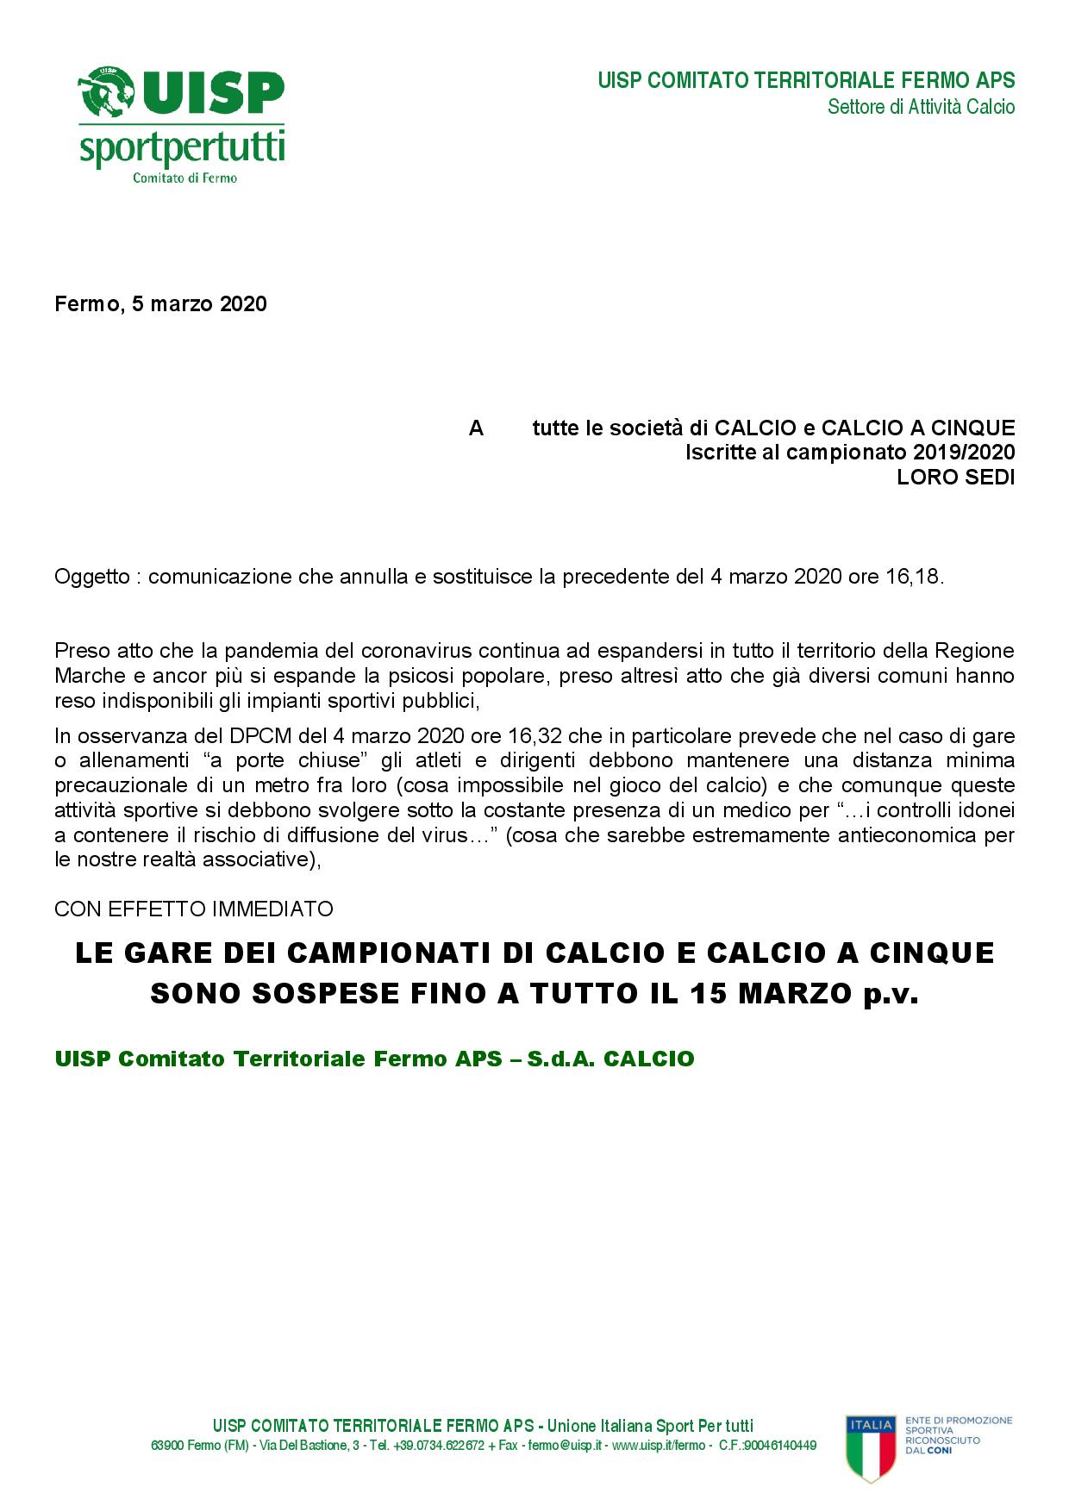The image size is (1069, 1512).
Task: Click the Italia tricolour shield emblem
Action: tap(871, 1446)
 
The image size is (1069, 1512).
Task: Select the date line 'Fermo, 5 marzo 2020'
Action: tap(160, 304)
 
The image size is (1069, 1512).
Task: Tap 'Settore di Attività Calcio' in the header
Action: tap(921, 107)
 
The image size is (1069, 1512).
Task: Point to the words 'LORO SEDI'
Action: tap(955, 477)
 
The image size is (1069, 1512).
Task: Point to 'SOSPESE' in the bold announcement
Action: tap(340, 994)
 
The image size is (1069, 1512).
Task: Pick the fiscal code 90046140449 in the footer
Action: tap(781, 1446)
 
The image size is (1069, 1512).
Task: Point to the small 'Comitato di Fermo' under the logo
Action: tap(184, 178)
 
